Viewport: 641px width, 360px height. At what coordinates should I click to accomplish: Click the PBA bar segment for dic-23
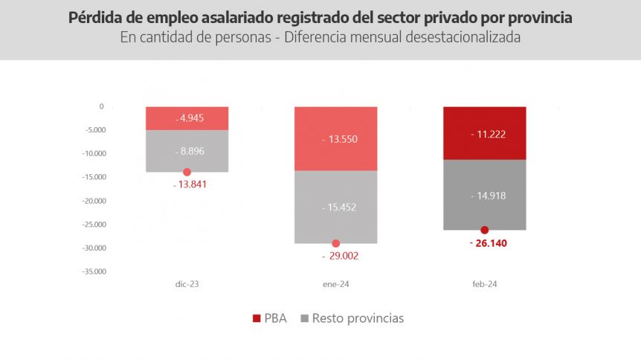tap(187, 119)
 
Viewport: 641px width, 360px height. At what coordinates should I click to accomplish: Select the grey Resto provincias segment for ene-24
tap(335, 207)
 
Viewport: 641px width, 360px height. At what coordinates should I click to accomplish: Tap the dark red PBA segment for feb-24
tap(484, 133)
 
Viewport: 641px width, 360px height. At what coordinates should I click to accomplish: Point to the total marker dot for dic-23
tap(187, 172)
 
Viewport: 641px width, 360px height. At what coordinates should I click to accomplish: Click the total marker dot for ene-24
tap(335, 243)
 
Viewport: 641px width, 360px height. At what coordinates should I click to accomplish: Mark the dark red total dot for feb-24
tap(484, 230)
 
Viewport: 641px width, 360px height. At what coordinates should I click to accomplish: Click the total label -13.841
tap(190, 184)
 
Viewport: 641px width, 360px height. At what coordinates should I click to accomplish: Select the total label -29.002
tap(340, 256)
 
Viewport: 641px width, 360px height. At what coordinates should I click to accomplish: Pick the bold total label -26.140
tap(489, 243)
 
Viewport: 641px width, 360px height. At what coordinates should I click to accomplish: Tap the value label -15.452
tap(339, 208)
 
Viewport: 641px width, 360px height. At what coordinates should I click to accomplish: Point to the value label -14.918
tap(488, 196)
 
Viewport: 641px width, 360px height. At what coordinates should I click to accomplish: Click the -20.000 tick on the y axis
tap(94, 201)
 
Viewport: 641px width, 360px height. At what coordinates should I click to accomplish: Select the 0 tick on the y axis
tap(101, 106)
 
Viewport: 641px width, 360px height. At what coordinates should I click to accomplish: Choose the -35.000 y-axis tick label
tap(94, 271)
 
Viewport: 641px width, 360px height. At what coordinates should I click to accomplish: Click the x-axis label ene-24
tap(335, 284)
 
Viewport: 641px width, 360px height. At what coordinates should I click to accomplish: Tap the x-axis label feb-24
tap(484, 284)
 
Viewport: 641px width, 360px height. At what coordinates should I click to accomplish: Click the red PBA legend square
tap(257, 318)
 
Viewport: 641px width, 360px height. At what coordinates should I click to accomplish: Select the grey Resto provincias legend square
tap(305, 318)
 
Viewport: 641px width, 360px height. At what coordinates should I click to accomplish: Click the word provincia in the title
tap(540, 18)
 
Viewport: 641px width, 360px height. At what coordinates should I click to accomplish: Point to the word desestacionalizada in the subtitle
tap(463, 37)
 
